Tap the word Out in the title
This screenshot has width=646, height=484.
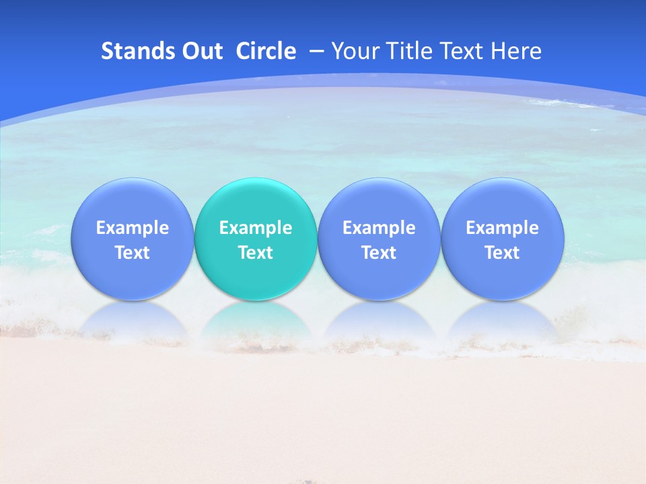(203, 51)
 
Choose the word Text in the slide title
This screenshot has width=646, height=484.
(462, 51)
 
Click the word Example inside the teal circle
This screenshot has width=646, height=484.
(256, 228)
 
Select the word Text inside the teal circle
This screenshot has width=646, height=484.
(256, 253)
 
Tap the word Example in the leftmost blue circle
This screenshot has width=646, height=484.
(133, 228)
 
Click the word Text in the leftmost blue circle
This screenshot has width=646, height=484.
(133, 253)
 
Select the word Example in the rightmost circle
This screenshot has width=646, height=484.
(503, 228)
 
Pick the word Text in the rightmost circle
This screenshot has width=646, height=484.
(503, 253)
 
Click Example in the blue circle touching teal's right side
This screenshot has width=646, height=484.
(379, 228)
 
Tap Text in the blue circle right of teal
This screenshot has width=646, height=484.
(379, 253)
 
